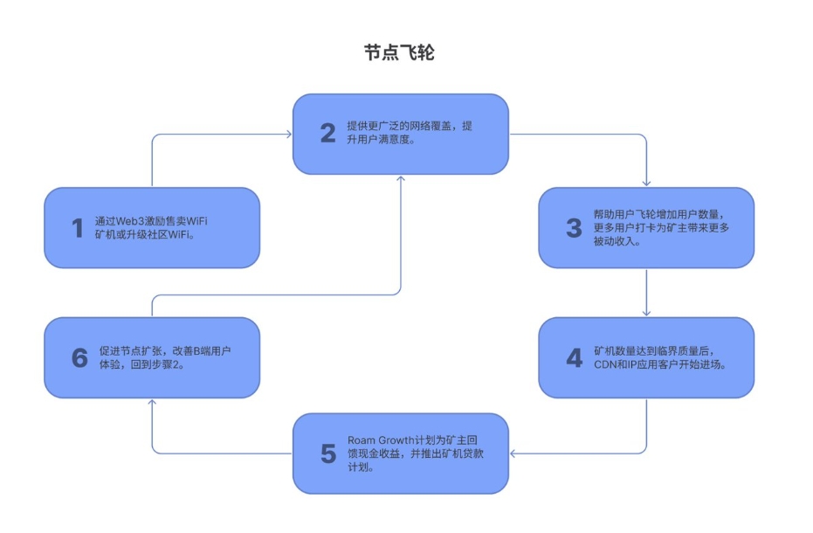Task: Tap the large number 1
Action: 77,229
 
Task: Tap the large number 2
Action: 327,134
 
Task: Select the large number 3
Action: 574,228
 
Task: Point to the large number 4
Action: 574,358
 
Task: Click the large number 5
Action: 327,453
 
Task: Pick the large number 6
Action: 79,358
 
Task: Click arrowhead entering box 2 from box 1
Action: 287,134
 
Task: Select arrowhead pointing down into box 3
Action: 646,183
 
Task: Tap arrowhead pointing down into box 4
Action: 646,313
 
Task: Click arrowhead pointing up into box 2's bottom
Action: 401,178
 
